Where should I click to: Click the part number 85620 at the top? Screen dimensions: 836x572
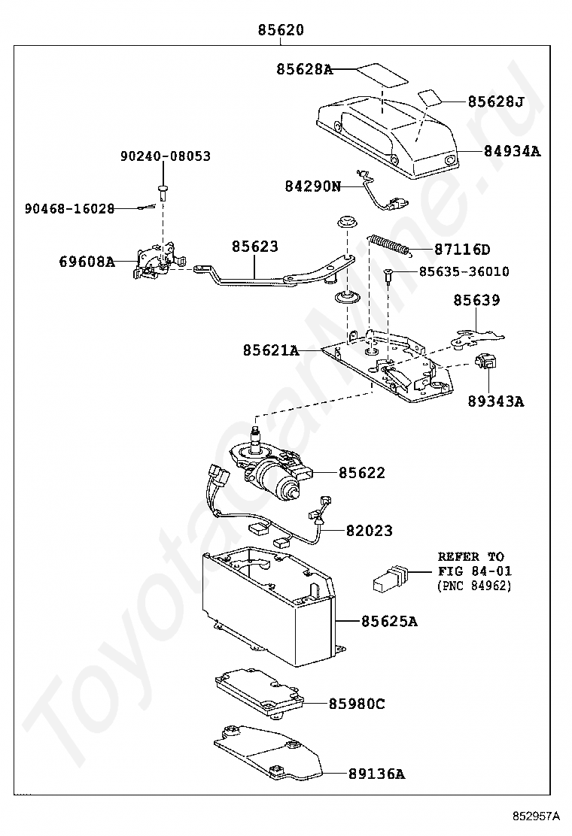[x=281, y=31]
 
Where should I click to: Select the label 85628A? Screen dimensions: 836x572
[x=304, y=69]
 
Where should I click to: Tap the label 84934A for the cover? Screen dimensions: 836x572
[x=512, y=150]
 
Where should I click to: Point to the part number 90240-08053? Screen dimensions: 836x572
[x=165, y=156]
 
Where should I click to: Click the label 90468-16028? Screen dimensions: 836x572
[x=68, y=209]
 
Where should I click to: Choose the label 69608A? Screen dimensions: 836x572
[x=87, y=262]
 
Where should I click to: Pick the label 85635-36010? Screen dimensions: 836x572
[x=463, y=271]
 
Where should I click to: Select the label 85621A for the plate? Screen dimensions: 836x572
[x=271, y=350]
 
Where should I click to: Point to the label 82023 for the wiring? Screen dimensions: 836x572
[x=369, y=531]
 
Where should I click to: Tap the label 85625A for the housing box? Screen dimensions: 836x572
[x=388, y=621]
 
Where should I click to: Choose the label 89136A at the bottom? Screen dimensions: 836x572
[x=376, y=774]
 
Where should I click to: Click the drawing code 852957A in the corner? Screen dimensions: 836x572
[x=537, y=815]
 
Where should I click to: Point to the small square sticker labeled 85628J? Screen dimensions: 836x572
[x=430, y=97]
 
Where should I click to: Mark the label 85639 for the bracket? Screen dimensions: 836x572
[x=476, y=300]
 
